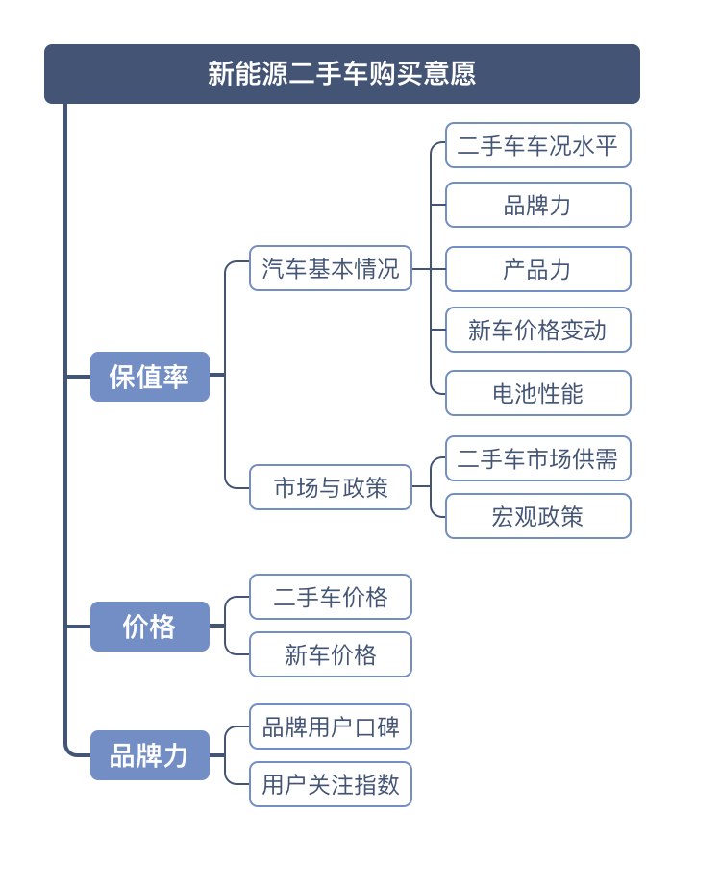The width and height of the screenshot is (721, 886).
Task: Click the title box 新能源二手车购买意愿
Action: [x=341, y=74]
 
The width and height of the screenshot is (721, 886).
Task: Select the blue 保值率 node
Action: [x=150, y=377]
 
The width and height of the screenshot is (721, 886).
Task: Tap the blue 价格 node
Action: [x=150, y=627]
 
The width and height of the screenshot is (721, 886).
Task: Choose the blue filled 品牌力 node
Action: [x=150, y=755]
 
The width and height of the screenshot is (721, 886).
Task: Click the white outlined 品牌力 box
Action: [x=537, y=205]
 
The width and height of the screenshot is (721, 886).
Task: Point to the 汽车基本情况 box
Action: [x=331, y=268]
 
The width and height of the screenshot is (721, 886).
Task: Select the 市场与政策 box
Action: [x=331, y=487]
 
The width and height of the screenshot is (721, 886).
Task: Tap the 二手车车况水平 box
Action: [x=537, y=145]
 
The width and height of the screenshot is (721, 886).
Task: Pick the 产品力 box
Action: [x=537, y=269]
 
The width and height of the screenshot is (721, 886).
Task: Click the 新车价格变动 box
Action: [x=537, y=330]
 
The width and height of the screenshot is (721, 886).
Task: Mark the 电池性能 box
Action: [x=537, y=393]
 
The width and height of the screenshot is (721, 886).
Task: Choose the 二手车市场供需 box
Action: [x=537, y=458]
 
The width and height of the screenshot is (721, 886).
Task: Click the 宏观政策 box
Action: [x=537, y=516]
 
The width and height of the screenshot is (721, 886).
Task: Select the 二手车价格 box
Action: [x=331, y=597]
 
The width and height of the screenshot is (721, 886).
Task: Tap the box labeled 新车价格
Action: [x=331, y=654]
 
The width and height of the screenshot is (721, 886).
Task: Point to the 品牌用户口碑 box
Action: [x=331, y=726]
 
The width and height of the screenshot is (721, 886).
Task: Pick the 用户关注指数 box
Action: [x=331, y=784]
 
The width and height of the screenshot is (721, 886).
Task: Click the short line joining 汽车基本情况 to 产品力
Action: [x=429, y=269]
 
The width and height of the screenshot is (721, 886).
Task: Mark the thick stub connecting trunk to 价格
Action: [x=78, y=627]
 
